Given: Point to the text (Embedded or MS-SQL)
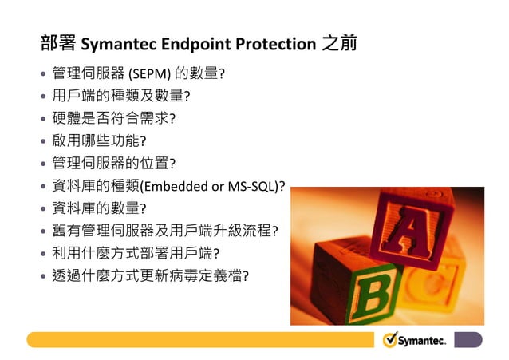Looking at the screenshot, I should click(212, 187).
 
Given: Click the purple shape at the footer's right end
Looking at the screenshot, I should click(468, 340).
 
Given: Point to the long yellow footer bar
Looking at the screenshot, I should click(199, 340).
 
